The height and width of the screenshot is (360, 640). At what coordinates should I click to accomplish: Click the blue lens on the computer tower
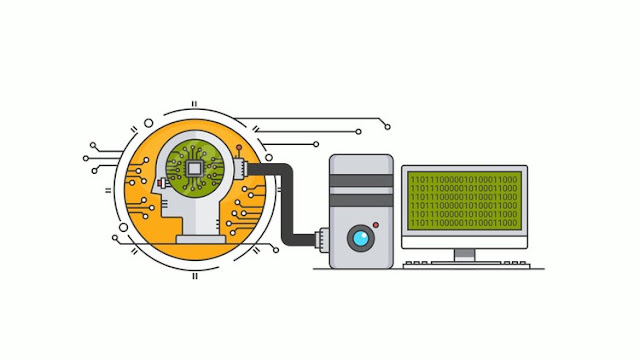tap(360, 238)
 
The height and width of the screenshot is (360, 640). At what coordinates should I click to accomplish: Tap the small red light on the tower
tap(376, 225)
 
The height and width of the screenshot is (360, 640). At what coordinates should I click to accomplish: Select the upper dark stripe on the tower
tap(361, 181)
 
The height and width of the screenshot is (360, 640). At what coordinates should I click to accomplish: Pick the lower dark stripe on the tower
tap(361, 200)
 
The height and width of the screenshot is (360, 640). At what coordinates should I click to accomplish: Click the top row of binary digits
tap(464, 180)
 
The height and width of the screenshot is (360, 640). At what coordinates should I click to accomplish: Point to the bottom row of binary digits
tap(464, 223)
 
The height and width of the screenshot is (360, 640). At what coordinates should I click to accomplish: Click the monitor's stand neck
tap(464, 255)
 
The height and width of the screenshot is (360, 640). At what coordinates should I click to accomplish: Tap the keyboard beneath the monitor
tap(466, 265)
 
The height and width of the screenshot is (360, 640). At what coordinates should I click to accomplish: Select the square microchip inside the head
tap(194, 168)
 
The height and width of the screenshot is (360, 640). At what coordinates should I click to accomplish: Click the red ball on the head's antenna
tap(239, 147)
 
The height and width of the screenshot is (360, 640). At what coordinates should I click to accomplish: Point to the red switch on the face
tap(160, 184)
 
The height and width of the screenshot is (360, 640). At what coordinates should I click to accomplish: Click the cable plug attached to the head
tap(240, 169)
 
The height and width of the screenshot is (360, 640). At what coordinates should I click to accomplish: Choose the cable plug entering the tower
tap(322, 240)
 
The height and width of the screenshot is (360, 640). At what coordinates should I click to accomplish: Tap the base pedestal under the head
tap(200, 239)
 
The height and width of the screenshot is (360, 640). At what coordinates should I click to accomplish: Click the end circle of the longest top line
tap(387, 127)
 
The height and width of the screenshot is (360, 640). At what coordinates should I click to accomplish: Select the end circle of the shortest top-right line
tap(316, 144)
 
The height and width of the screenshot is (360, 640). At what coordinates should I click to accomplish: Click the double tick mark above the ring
tap(194, 104)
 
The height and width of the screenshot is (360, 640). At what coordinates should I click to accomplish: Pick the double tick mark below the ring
tap(195, 276)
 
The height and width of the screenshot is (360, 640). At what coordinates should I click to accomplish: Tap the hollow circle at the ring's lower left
tap(123, 227)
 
